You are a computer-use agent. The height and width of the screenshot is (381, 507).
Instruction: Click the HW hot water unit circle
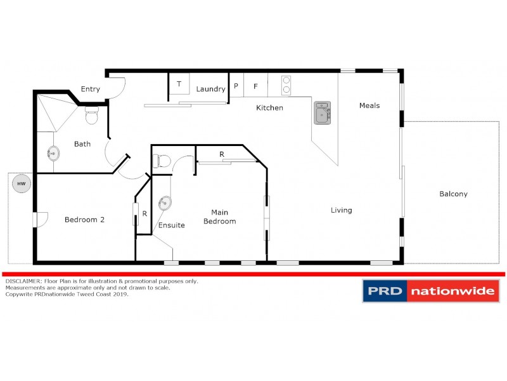click(x=21, y=184)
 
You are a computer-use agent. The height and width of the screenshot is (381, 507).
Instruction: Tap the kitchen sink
click(x=323, y=112)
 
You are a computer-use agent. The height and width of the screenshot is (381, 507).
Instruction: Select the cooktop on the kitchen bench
click(x=286, y=85)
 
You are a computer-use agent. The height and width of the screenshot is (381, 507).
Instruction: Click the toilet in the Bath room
click(x=91, y=116)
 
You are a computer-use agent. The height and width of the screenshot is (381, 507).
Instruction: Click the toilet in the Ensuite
click(x=162, y=161)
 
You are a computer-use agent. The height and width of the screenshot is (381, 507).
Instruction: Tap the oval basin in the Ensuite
click(x=165, y=203)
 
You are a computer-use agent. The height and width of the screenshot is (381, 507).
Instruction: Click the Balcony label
click(x=453, y=194)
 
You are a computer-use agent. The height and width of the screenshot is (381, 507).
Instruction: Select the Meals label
click(x=369, y=105)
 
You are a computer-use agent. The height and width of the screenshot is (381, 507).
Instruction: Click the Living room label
click(x=341, y=210)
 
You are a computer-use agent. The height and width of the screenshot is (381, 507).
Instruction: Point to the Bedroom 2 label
click(x=84, y=220)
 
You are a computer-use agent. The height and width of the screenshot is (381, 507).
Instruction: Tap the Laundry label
click(x=210, y=89)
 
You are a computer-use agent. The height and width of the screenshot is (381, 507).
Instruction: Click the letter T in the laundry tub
click(x=179, y=84)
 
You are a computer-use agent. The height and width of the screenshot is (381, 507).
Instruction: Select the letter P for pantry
click(x=236, y=86)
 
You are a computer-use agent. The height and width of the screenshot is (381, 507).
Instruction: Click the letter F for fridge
click(x=256, y=86)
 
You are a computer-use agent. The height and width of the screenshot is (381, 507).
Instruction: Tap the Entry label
click(x=90, y=89)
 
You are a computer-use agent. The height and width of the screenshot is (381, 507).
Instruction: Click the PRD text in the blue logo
click(x=384, y=291)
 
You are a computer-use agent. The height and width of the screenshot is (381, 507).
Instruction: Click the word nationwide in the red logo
click(x=451, y=291)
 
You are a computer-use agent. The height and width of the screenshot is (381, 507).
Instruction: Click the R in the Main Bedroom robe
click(x=221, y=154)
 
